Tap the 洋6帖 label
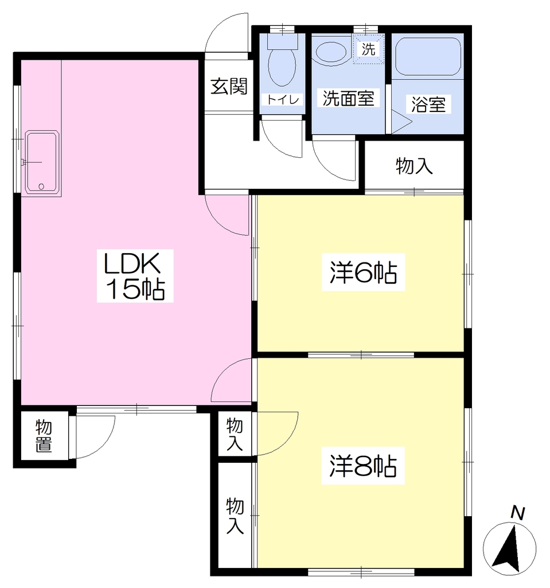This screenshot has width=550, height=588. pyautogui.click(x=363, y=272)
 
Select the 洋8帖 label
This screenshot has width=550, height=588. pyautogui.click(x=363, y=466)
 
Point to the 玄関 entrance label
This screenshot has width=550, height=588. pyautogui.click(x=229, y=86)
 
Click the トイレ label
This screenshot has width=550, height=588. pyautogui.click(x=283, y=99)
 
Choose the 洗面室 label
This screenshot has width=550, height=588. pyautogui.click(x=349, y=98)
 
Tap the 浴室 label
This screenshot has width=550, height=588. pyautogui.click(x=428, y=105)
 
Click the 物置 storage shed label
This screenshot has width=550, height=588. pyautogui.click(x=44, y=436)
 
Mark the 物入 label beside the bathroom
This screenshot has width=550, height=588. pyautogui.click(x=414, y=166)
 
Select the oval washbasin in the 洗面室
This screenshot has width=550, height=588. pyautogui.click(x=331, y=52)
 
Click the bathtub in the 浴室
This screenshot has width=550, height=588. pyautogui.click(x=428, y=56)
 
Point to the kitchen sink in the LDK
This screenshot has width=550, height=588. pyautogui.click(x=42, y=163)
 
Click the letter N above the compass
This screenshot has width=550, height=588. pyautogui.click(x=517, y=513)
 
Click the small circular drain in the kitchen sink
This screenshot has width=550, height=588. pyautogui.click(x=41, y=186)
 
